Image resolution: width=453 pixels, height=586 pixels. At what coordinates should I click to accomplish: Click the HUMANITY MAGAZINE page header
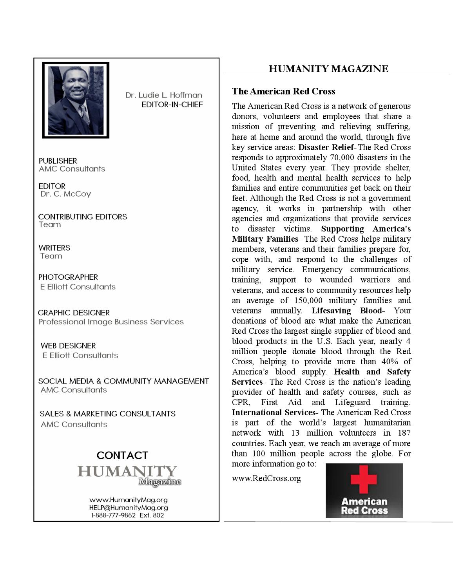click(328, 69)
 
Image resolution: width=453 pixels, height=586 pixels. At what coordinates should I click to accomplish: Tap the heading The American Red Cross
click(283, 91)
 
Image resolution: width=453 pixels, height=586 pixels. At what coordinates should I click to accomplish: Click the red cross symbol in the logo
click(364, 479)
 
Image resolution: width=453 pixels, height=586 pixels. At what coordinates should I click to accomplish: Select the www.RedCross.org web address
click(266, 478)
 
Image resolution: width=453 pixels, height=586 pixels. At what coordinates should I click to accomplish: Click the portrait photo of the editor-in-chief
click(76, 100)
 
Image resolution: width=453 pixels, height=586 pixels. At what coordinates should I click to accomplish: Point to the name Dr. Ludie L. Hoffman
click(164, 95)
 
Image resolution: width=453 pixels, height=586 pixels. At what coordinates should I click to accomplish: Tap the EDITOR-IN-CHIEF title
click(172, 105)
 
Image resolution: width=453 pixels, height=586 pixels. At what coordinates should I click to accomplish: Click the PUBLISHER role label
click(58, 161)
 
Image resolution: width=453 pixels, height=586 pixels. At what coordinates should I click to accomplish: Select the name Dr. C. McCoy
click(65, 194)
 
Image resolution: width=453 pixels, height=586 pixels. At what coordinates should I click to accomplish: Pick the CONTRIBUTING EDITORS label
click(82, 217)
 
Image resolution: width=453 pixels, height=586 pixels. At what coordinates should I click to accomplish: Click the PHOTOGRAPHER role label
click(68, 277)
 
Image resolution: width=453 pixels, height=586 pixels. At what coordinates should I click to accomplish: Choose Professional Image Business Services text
click(111, 322)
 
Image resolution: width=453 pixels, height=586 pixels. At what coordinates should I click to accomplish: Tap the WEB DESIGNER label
click(68, 346)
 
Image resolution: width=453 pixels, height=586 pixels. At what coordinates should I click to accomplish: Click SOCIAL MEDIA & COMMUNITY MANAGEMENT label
click(123, 381)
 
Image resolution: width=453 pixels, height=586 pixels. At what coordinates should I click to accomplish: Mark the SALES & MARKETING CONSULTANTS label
click(107, 414)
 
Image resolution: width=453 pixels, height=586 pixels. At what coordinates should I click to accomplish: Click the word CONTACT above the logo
click(122, 455)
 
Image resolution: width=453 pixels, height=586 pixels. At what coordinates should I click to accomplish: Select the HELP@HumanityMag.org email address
click(129, 508)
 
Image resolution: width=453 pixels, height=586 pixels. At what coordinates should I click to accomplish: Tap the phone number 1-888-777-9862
click(113, 515)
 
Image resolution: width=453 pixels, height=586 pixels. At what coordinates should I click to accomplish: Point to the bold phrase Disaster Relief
click(326, 147)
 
